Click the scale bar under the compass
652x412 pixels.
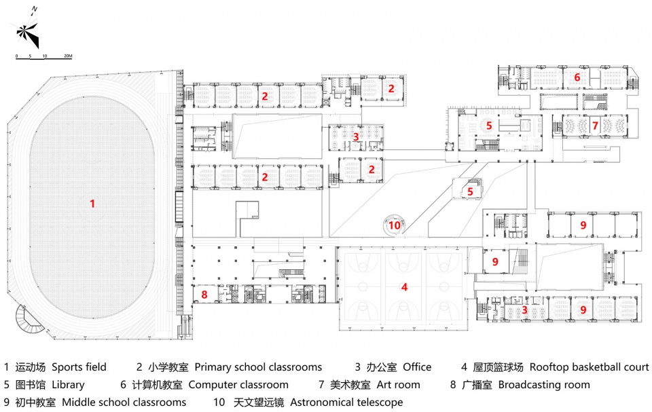(x=43, y=58)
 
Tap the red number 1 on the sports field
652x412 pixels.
(x=92, y=204)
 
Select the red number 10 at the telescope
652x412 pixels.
(x=394, y=225)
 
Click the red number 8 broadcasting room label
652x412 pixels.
(x=204, y=295)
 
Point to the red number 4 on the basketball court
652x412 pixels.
(x=404, y=287)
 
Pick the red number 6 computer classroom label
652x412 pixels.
(x=577, y=77)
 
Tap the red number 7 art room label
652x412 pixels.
(x=595, y=125)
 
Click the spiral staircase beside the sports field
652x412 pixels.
(x=29, y=319)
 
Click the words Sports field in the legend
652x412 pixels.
(x=79, y=367)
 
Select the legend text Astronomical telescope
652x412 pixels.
(x=346, y=402)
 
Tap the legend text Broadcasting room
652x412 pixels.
(x=544, y=385)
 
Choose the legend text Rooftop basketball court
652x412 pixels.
(x=589, y=367)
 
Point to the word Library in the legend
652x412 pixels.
(x=68, y=385)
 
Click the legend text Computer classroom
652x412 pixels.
(x=238, y=385)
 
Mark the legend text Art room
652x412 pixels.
(x=399, y=385)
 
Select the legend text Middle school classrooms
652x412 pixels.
(x=124, y=402)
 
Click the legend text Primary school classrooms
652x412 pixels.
(x=258, y=367)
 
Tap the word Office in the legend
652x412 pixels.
(x=417, y=367)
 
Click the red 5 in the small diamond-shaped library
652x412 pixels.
(x=470, y=191)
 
